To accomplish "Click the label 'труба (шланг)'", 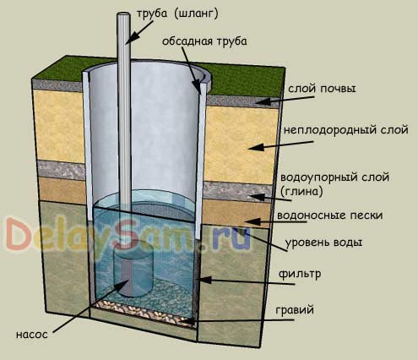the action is pos(177,14).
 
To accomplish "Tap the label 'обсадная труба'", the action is pos(204,41).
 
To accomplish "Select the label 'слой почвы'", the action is pos(322,89).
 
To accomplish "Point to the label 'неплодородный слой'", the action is pos(346,130).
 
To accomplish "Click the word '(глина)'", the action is pos(301,192).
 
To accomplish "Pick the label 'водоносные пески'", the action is pos(330,215).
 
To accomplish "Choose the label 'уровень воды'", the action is pos(323,243).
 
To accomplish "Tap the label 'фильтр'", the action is pos(300,274).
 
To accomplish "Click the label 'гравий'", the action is pos(295,310).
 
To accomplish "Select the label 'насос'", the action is pos(32,335).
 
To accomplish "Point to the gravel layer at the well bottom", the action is pos(144,311).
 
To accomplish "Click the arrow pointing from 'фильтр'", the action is pos(247,281).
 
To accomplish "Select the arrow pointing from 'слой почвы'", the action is pos(285,100).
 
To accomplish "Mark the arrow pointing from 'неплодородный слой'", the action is pos(281,145).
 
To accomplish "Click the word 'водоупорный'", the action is pos(318,177).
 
